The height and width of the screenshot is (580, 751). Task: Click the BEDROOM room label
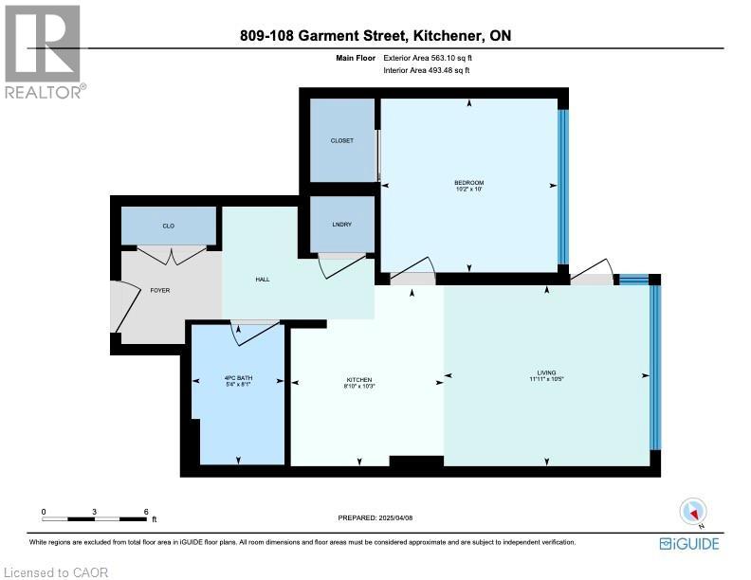[468, 182]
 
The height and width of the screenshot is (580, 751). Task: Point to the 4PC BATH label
[236, 378]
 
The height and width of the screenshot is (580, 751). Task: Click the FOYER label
[160, 290]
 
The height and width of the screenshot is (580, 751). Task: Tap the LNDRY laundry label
[341, 224]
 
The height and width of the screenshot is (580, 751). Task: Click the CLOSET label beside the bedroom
[341, 140]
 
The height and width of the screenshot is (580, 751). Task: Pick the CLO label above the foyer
[168, 226]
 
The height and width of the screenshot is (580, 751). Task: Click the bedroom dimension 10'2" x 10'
[468, 190]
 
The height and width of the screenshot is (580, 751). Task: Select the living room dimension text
[546, 380]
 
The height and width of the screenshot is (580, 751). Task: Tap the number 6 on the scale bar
[146, 511]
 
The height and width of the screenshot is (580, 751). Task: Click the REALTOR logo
[44, 49]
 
